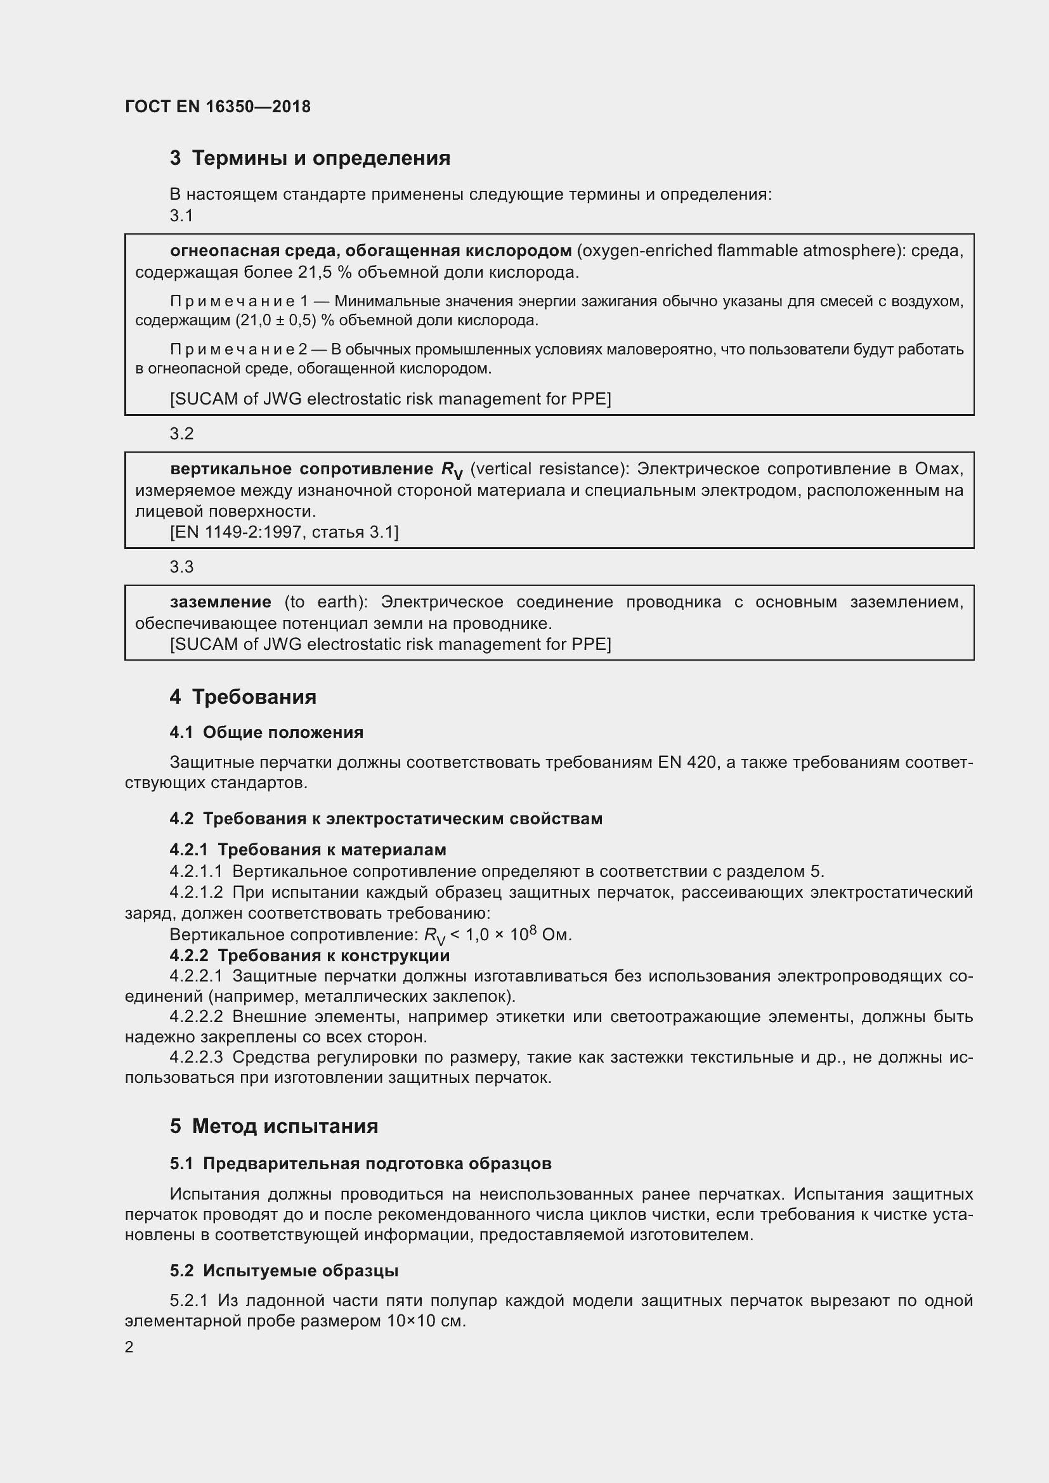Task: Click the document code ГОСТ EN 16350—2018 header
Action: tap(218, 107)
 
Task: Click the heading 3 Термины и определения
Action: tap(310, 158)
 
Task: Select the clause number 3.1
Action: tap(181, 216)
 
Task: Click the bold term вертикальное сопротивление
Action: tap(302, 469)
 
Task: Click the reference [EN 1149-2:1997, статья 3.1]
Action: tap(284, 532)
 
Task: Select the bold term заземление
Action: tap(220, 602)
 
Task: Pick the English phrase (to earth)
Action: tap(325, 602)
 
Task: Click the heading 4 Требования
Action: tap(243, 697)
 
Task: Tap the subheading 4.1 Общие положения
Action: tap(266, 732)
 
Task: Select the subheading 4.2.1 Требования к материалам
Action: tap(308, 850)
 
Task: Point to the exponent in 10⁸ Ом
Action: tap(533, 931)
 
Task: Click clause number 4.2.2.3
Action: tap(197, 1058)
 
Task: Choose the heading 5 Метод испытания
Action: tap(274, 1127)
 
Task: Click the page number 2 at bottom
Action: tap(129, 1347)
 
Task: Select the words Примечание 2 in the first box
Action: tap(238, 349)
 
